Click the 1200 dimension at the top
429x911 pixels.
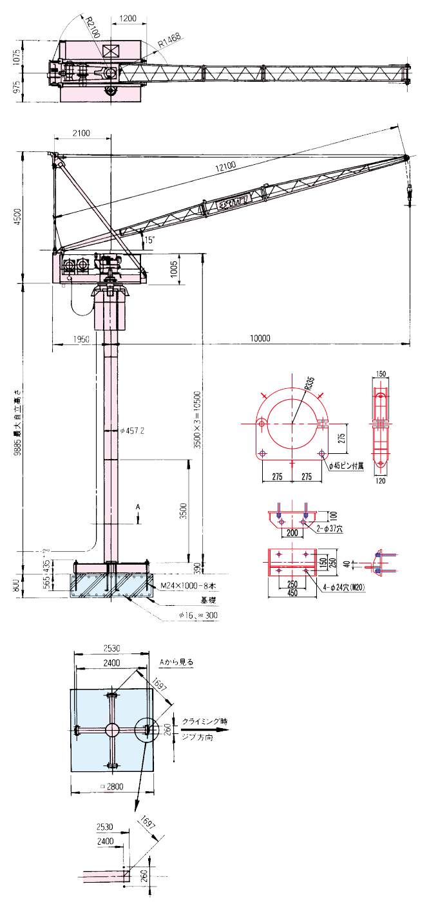pyautogui.click(x=128, y=19)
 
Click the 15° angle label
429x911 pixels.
pyautogui.click(x=149, y=239)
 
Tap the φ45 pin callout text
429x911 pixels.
pyautogui.click(x=345, y=465)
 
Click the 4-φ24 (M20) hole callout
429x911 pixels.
pyautogui.click(x=341, y=587)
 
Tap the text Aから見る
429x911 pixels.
pyautogui.click(x=176, y=661)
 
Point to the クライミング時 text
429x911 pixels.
pyautogui.click(x=204, y=721)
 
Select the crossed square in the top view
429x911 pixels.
pyautogui.click(x=111, y=51)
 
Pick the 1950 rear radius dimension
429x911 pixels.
pyautogui.click(x=81, y=339)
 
